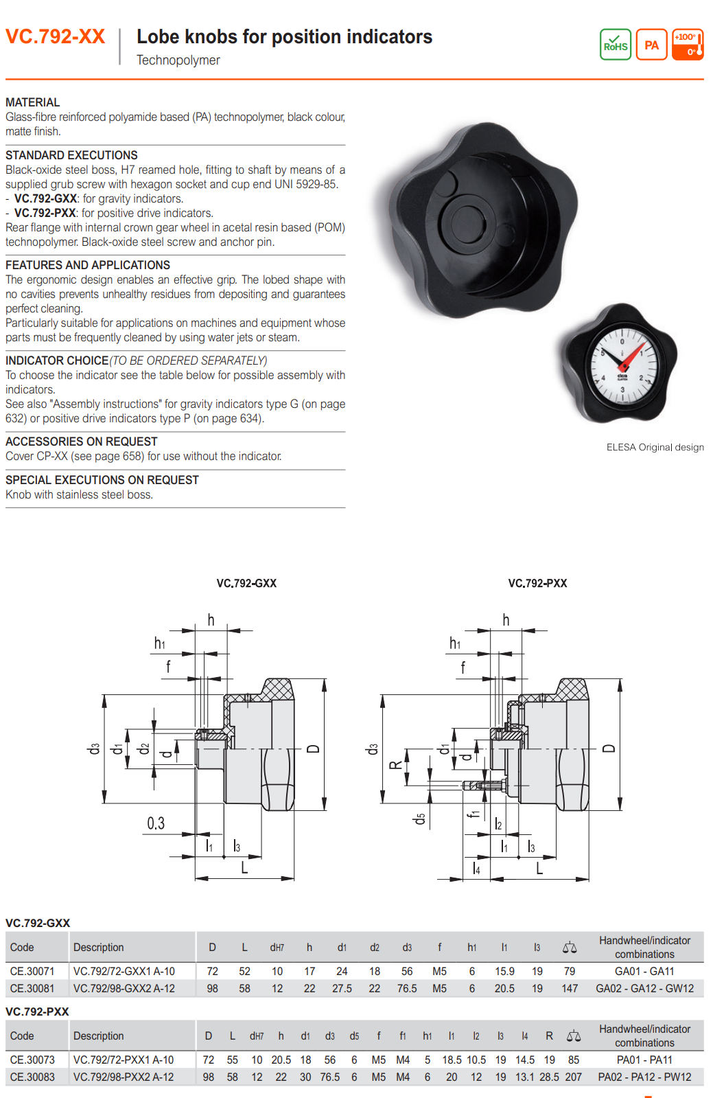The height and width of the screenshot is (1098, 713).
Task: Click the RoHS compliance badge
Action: click(x=615, y=45)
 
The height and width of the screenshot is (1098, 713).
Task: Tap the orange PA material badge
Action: click(x=651, y=45)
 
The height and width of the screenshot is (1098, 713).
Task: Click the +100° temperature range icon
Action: click(x=688, y=45)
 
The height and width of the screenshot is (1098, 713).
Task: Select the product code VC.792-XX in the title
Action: click(x=56, y=36)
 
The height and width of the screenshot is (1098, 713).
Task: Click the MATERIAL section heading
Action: click(x=32, y=102)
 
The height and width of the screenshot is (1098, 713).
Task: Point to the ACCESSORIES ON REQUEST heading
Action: click(x=81, y=442)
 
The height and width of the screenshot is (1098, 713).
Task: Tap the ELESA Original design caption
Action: click(x=655, y=447)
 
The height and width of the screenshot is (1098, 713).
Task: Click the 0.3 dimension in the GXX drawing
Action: click(x=156, y=823)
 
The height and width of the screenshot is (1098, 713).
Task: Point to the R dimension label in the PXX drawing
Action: click(x=395, y=765)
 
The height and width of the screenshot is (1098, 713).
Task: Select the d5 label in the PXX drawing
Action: click(x=419, y=819)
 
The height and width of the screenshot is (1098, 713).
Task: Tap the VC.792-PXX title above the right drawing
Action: click(x=537, y=583)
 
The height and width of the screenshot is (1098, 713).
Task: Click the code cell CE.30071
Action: click(x=32, y=971)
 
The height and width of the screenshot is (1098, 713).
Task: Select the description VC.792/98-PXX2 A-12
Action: click(x=124, y=1077)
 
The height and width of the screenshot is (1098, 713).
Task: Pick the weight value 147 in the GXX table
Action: click(x=570, y=988)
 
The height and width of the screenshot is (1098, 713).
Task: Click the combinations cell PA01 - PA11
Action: click(x=644, y=1060)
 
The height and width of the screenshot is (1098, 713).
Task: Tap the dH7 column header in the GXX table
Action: click(x=277, y=948)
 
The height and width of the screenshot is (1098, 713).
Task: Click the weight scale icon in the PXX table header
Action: click(x=574, y=1036)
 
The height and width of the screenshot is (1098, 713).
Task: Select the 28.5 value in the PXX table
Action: click(x=549, y=1077)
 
